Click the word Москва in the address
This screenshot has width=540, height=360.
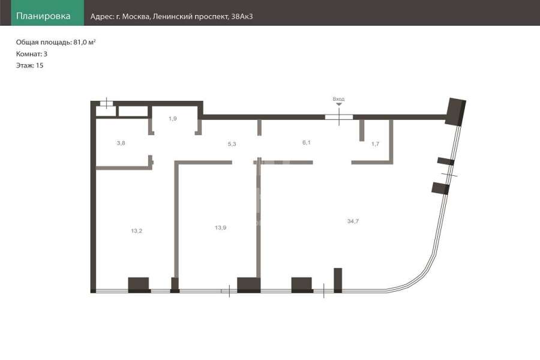[136, 17]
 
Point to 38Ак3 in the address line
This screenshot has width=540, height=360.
[242, 17]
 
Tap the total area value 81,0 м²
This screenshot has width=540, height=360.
[85, 43]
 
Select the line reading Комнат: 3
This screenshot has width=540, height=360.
[32, 54]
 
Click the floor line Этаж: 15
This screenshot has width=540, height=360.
[29, 65]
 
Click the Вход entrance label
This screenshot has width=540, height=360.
[338, 99]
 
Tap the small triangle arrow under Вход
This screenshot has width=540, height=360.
[339, 104]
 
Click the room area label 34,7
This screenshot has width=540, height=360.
[353, 221]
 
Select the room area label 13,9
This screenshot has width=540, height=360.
[220, 228]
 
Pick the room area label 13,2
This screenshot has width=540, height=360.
[137, 231]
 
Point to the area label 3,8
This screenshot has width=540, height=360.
[121, 143]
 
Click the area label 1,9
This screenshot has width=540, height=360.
[173, 119]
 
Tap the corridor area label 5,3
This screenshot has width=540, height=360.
[232, 144]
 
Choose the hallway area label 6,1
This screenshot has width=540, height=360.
[307, 142]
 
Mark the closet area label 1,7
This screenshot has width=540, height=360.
[375, 144]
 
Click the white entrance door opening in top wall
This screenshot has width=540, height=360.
[339, 117]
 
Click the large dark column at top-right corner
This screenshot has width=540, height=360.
[455, 112]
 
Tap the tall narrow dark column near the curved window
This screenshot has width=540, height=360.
[338, 280]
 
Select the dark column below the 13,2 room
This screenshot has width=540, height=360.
[139, 285]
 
